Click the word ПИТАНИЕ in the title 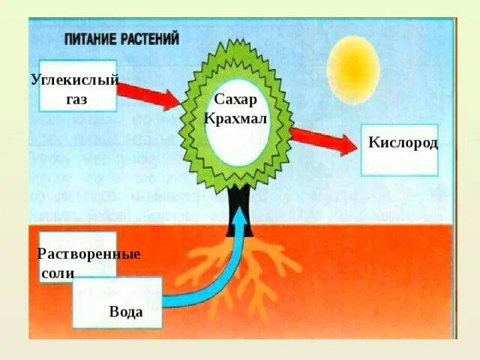tap(90, 39)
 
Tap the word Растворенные tap(88, 253)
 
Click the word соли tap(57, 273)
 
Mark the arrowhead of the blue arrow tap(239, 214)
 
